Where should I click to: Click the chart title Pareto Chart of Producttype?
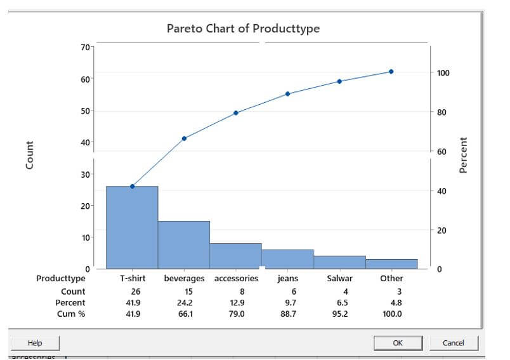243,29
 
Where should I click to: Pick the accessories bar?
236,256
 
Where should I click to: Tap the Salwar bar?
340,262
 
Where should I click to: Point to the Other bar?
391,263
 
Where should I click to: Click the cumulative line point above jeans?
288,94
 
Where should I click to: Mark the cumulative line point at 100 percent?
391,72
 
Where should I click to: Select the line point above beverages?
184,138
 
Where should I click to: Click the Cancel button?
453,343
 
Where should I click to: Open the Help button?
35,343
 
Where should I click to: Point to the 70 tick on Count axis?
85,46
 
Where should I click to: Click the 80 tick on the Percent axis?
442,112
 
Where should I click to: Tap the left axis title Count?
29,155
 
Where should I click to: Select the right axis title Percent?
463,155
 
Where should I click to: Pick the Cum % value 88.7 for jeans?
288,314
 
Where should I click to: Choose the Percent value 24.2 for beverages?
184,303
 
